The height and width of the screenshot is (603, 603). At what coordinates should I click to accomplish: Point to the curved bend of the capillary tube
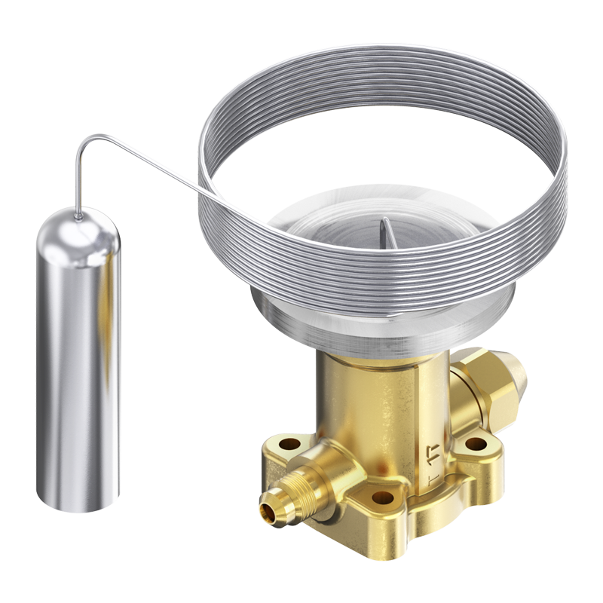(x=87, y=142)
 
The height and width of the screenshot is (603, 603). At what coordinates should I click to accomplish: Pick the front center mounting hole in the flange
(x=382, y=497)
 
